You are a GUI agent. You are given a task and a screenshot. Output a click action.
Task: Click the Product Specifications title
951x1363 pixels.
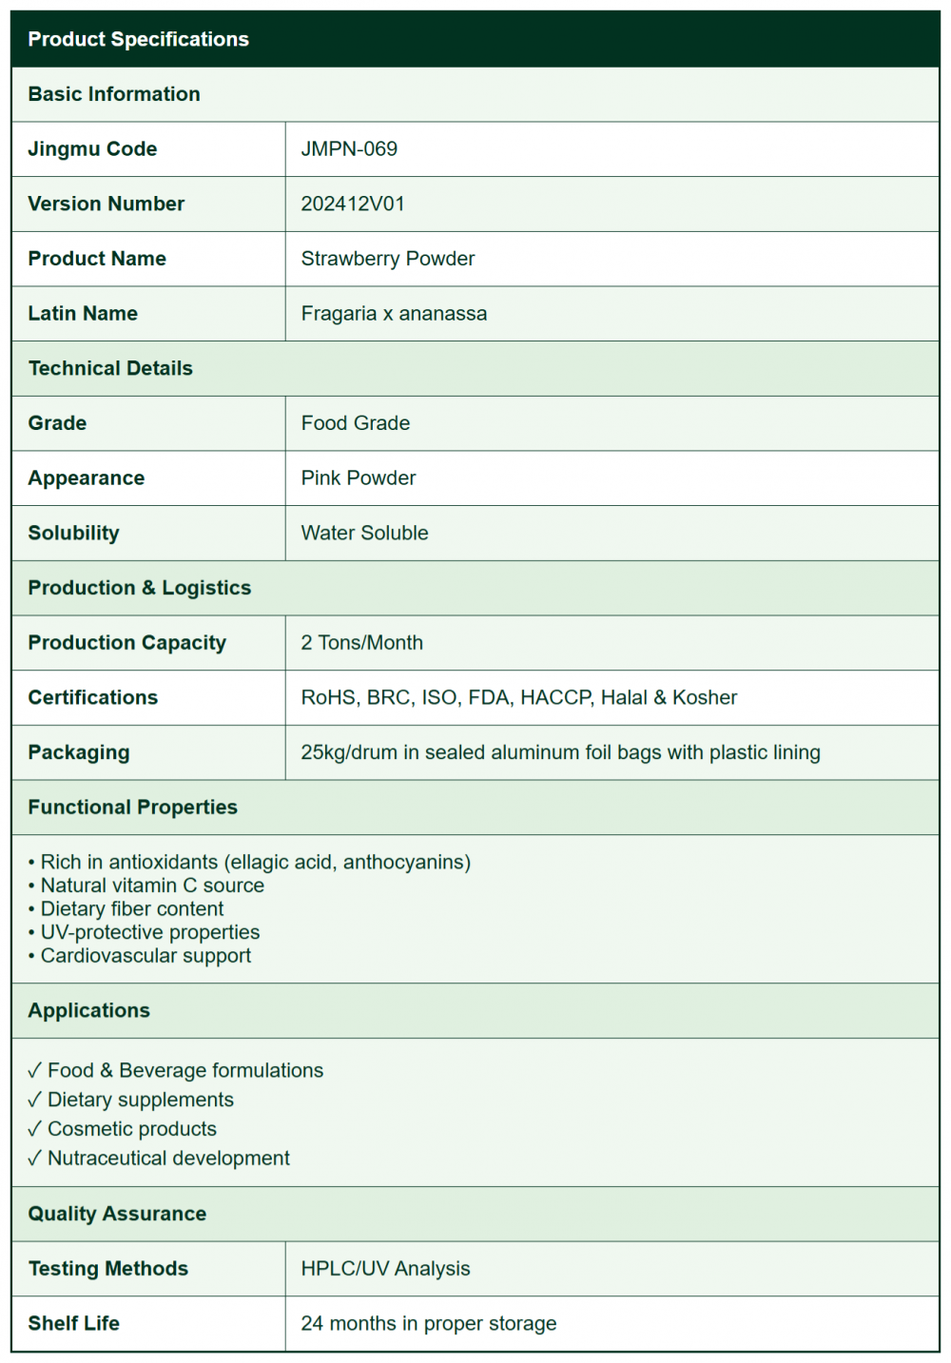point(138,39)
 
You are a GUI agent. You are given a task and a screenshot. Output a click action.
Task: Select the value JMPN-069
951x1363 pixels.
point(349,149)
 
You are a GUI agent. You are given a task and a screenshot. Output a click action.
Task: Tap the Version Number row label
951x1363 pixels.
point(106,204)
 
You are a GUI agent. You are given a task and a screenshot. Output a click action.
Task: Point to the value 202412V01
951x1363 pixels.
point(353,204)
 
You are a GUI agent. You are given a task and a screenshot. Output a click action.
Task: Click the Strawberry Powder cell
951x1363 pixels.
point(387,259)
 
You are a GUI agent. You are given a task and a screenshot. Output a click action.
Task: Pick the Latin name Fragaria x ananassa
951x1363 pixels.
point(394,314)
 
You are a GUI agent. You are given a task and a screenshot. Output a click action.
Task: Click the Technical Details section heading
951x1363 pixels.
point(110,368)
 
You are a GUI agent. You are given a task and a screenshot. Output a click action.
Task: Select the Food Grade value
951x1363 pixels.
point(355,423)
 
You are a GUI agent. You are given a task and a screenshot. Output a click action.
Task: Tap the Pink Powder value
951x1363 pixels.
point(358,478)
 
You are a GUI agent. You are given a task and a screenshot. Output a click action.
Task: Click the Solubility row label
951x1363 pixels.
point(73,533)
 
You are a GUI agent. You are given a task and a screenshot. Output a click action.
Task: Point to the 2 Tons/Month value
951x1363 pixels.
point(361,643)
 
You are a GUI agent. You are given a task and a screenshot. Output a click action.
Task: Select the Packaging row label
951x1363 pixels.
point(78,752)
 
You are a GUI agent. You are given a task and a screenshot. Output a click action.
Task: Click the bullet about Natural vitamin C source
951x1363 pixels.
point(152,886)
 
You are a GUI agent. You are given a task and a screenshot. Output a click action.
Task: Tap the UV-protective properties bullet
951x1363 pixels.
point(149,932)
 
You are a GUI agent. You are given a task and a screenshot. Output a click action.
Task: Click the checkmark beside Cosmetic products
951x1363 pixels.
point(35,1129)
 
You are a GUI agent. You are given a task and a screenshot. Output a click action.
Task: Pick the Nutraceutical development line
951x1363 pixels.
point(168,1159)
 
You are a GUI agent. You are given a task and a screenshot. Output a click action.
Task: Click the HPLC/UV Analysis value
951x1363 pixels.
point(385,1269)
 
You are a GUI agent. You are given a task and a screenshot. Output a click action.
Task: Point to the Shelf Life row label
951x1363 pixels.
point(73,1323)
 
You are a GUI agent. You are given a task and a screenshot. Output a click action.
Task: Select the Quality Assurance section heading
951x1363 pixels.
point(117,1214)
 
